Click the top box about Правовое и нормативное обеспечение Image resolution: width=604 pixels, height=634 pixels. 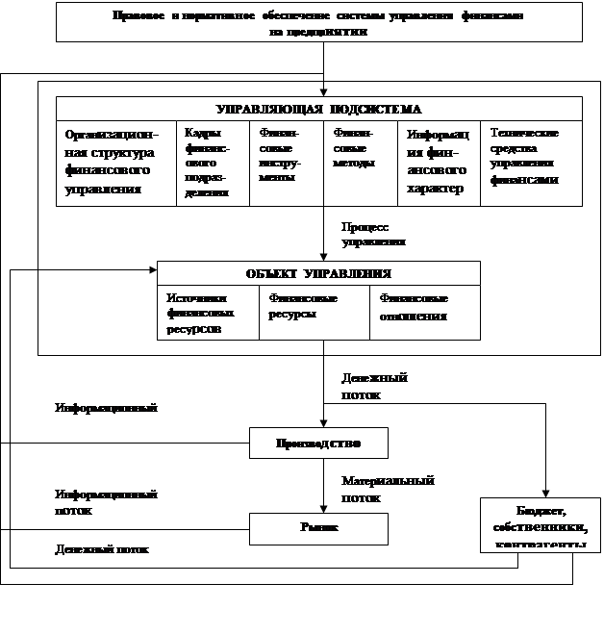[x=319, y=22]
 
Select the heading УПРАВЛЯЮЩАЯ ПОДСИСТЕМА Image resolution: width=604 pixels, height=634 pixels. [x=318, y=109]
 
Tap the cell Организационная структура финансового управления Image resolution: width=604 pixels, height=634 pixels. [x=115, y=162]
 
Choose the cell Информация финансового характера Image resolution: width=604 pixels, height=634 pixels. [x=438, y=162]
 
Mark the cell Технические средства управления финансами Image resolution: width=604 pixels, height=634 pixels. [x=530, y=156]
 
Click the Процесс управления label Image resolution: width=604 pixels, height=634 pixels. [x=383, y=234]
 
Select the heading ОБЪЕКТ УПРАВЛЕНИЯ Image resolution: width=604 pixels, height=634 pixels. [x=318, y=273]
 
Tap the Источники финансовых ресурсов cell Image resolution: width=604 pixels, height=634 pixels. [x=208, y=313]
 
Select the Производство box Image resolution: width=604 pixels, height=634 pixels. [x=318, y=444]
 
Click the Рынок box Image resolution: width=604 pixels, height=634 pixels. [x=318, y=528]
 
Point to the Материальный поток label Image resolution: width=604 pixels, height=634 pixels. [x=383, y=489]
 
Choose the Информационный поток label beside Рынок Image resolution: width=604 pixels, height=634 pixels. [x=120, y=502]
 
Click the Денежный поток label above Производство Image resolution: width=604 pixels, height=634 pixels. [x=383, y=385]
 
